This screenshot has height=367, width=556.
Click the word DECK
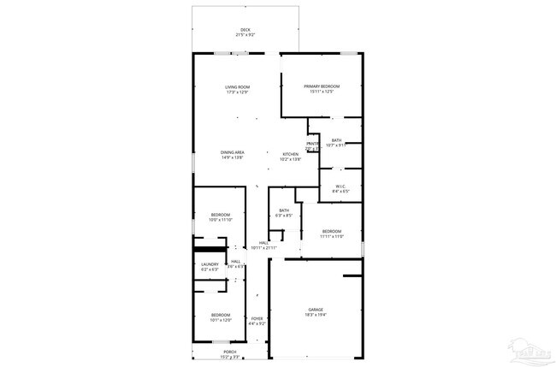point(245,30)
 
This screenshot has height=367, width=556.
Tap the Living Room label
point(237,87)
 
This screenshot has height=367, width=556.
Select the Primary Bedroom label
point(322,87)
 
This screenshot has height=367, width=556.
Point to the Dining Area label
point(233,152)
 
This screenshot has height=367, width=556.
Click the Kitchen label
point(291,154)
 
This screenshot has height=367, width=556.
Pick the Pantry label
point(313,144)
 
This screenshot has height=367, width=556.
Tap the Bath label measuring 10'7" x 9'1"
point(336,140)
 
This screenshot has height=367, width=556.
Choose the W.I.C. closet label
point(340,186)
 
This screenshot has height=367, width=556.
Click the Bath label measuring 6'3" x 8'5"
point(283,210)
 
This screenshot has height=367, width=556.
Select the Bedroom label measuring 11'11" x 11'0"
point(332,231)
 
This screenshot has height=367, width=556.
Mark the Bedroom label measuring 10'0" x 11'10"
point(220,216)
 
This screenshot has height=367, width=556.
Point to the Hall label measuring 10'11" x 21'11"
point(264,243)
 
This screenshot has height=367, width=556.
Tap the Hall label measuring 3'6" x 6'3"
point(235,262)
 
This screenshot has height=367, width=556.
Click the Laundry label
point(210,264)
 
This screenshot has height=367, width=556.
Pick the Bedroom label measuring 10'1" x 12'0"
point(221,315)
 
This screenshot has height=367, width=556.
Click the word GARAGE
point(316,310)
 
